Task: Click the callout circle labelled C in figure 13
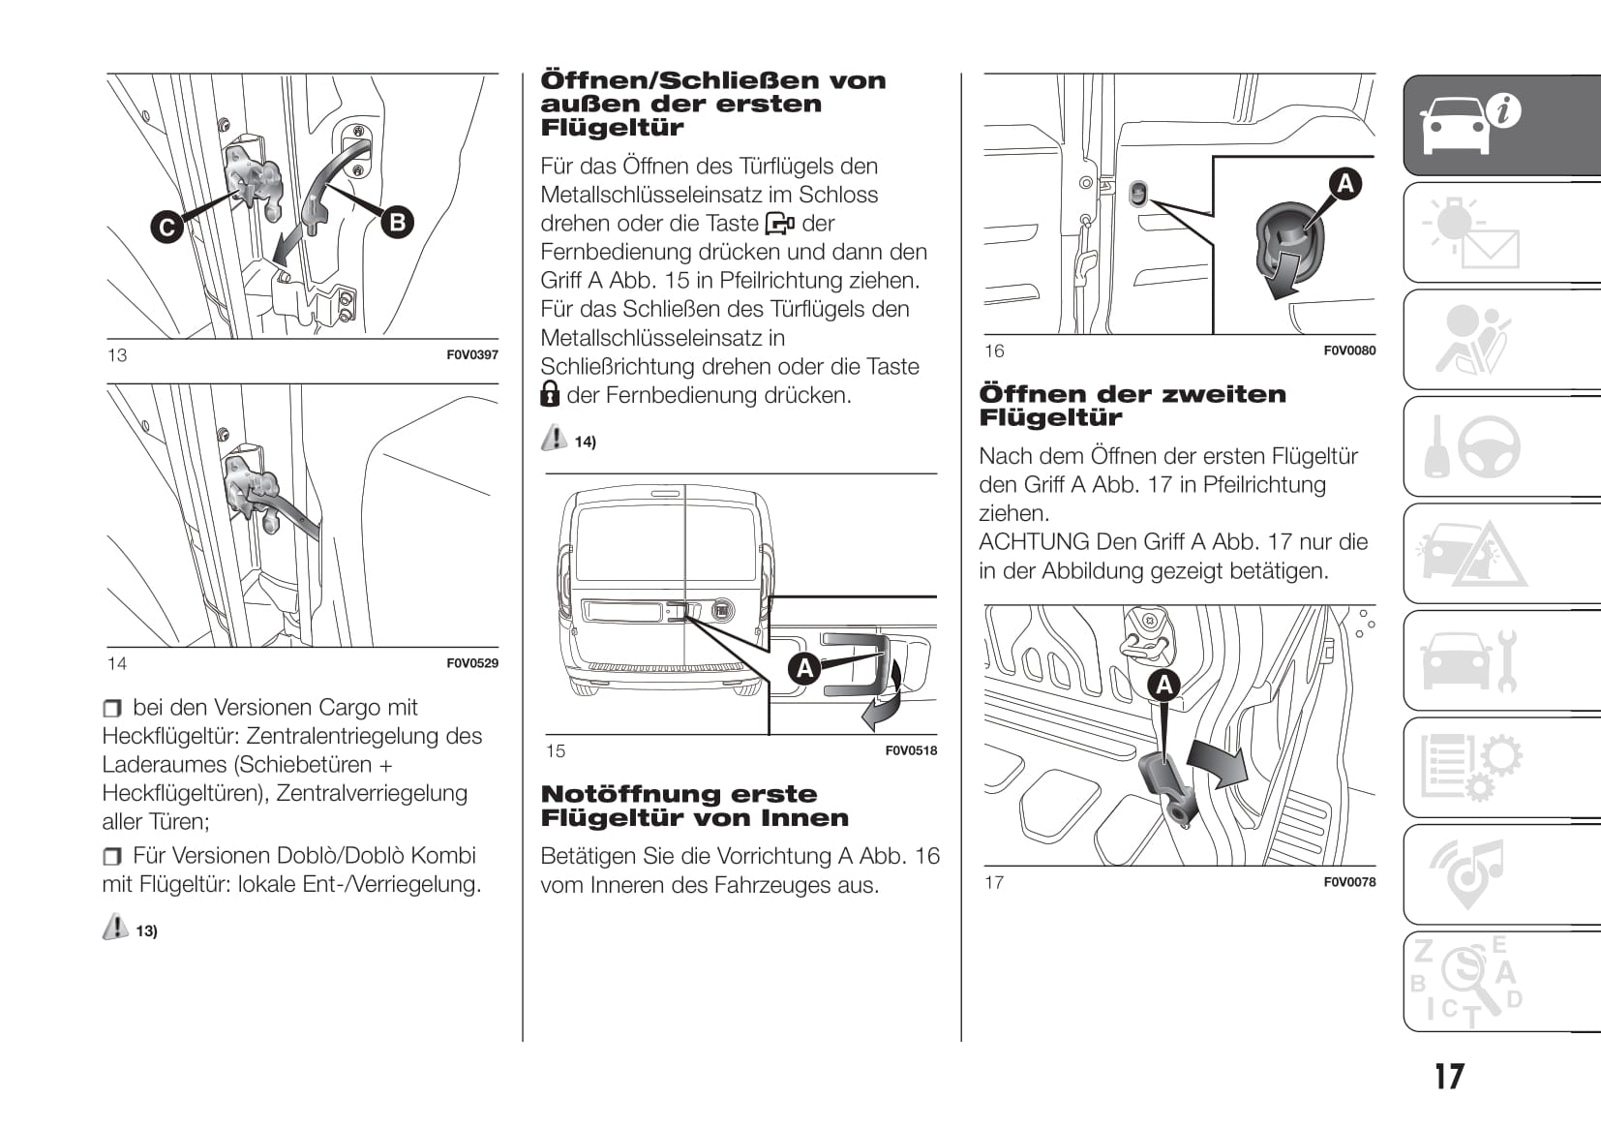pyautogui.click(x=167, y=228)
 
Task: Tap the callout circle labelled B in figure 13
pyautogui.click(x=397, y=222)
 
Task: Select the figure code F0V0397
pyautogui.click(x=472, y=355)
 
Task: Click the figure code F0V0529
pyautogui.click(x=472, y=663)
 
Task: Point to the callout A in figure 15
pyautogui.click(x=804, y=668)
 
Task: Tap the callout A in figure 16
pyautogui.click(x=1344, y=183)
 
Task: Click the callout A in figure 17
pyautogui.click(x=1164, y=686)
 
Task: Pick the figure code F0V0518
pyautogui.click(x=911, y=750)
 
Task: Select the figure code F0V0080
pyautogui.click(x=1349, y=351)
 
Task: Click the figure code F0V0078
pyautogui.click(x=1349, y=882)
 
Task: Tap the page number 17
pyautogui.click(x=1449, y=1077)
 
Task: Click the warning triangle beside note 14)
pyautogui.click(x=554, y=438)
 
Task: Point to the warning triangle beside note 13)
pyautogui.click(x=115, y=927)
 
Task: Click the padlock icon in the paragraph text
pyautogui.click(x=550, y=393)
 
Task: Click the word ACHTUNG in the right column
pyautogui.click(x=1033, y=542)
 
